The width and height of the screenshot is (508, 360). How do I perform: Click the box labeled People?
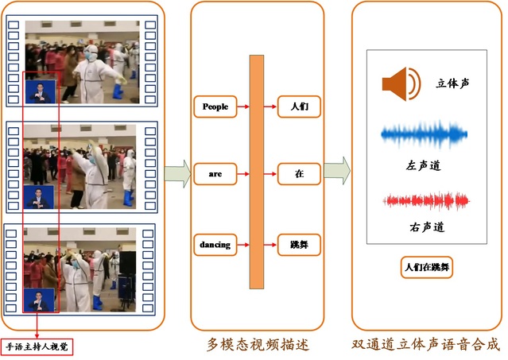coord(215,106)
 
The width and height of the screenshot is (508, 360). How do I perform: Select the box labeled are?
coord(215,172)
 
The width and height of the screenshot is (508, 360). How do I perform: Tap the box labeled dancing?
coord(215,245)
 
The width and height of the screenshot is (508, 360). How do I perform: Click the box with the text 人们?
coord(298,106)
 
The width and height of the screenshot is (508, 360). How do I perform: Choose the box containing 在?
coord(298,172)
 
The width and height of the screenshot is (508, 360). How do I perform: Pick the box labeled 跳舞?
coord(298,245)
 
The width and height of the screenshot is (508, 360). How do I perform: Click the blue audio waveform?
coord(422,136)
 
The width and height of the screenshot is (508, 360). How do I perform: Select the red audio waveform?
coord(421,200)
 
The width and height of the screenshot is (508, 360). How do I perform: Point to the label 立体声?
coord(452,83)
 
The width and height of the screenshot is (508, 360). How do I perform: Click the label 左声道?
coord(421,165)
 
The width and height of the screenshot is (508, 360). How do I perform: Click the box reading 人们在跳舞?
coord(426,267)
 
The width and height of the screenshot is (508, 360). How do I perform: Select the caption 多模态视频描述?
coord(256,344)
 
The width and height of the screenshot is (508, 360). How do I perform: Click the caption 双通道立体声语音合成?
coord(426,344)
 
